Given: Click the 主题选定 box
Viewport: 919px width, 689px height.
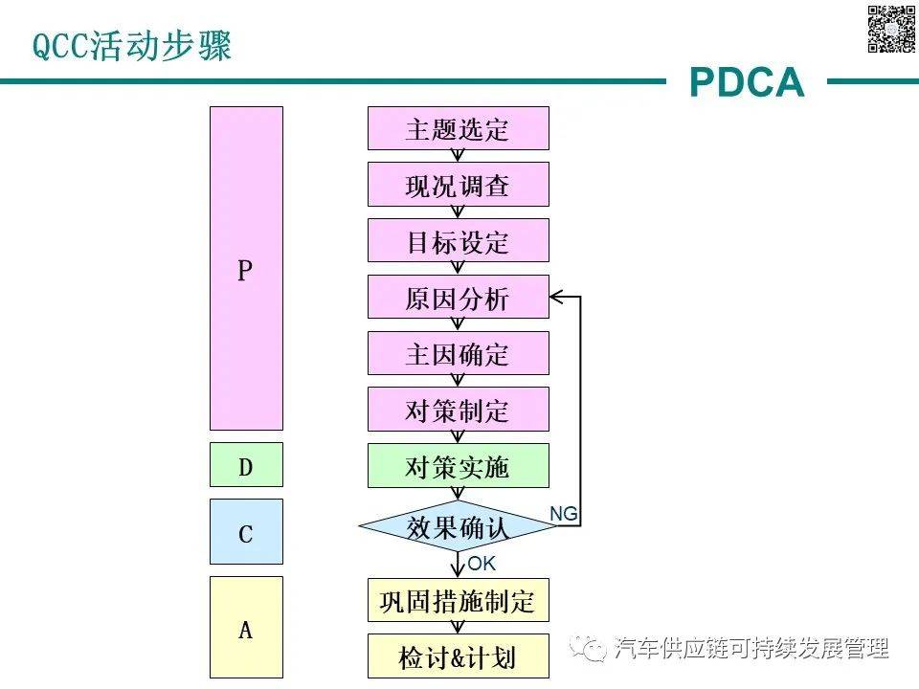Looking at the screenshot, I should coord(459,128).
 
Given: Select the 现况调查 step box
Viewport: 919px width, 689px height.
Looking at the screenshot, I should coord(459,185).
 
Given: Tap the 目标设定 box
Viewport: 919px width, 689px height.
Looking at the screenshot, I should coord(459,240).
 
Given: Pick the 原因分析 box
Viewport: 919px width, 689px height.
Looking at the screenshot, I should coord(459,297).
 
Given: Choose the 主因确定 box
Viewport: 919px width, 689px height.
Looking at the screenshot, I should coord(459,353).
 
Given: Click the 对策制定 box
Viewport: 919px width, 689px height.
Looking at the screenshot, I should coord(459,410).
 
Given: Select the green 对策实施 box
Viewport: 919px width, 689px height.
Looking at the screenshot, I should coord(459,466).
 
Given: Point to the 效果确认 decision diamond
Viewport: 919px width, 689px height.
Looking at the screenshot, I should coord(459,527).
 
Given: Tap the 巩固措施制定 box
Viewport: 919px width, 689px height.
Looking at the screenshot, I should coord(459,601).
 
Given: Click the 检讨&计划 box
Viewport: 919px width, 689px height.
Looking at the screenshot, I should coord(459,656).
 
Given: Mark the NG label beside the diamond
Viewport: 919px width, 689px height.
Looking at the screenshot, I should coord(564,514).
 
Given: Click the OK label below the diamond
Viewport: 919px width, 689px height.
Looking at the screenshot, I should coord(482,564).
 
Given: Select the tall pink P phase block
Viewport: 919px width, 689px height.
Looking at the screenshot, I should coord(246,268).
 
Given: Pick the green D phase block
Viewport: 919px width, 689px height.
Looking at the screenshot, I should coord(246,466).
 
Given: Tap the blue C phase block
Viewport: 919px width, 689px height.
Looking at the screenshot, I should coord(246,532).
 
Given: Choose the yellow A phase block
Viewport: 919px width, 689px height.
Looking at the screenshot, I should coord(246,628).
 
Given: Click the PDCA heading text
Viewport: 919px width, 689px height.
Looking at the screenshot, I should coord(747,83).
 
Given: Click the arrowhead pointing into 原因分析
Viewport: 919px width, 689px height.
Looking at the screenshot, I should coord(557,297).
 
